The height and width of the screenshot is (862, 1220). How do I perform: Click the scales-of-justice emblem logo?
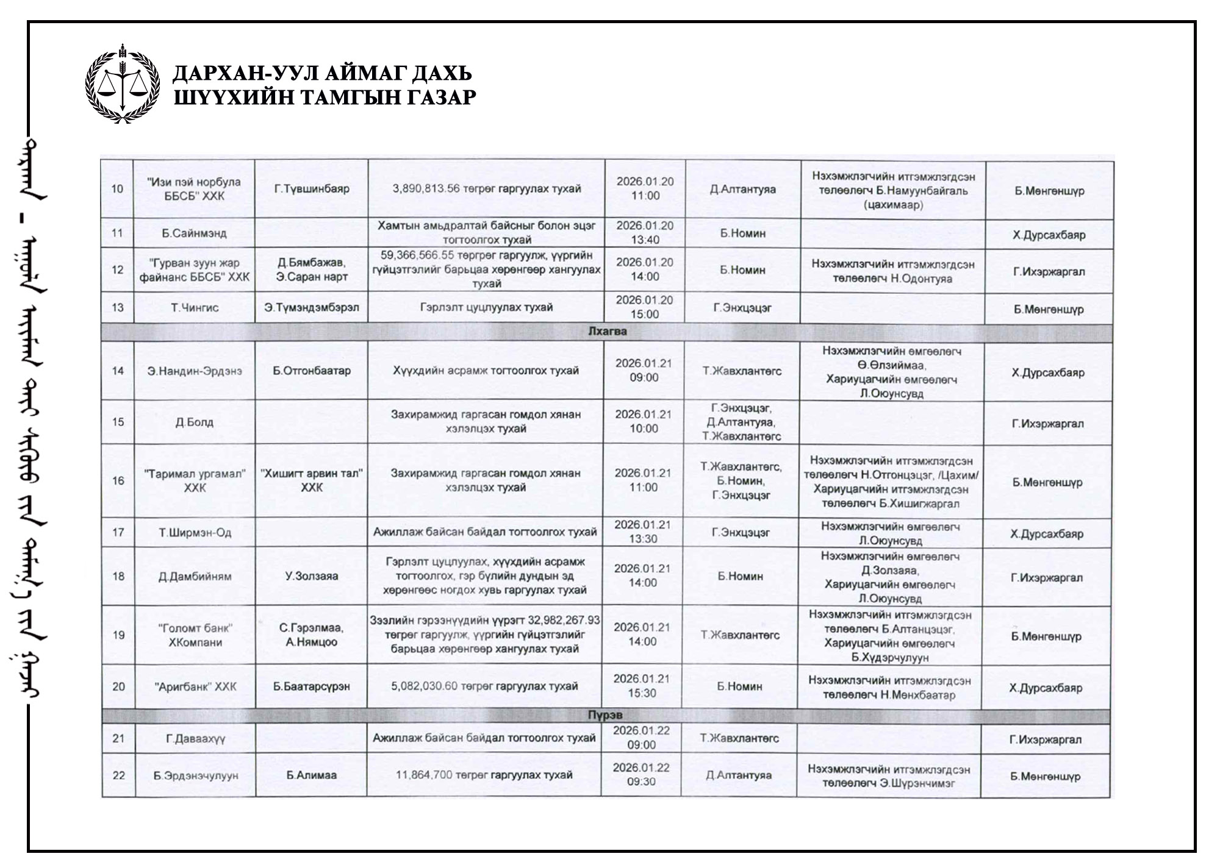pos(124,84)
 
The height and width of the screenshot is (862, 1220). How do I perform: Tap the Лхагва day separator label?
pos(608,332)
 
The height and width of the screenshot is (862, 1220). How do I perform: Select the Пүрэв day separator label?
pos(605,715)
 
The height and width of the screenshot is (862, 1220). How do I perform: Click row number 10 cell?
pos(117,188)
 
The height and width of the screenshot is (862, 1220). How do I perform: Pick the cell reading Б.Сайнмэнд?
pos(194,233)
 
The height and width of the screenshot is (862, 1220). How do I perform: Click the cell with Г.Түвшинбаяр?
pos(312,188)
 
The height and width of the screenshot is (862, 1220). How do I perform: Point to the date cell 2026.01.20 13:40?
pos(645,232)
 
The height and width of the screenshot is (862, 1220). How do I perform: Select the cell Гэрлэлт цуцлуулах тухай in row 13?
pos(486,307)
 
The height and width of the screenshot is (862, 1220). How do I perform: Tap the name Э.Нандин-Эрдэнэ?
pos(195,371)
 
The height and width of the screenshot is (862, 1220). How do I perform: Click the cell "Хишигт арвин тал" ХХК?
pos(312,480)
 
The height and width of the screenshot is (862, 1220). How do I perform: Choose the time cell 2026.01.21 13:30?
pos(644,532)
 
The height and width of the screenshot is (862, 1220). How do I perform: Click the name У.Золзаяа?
pos(311,576)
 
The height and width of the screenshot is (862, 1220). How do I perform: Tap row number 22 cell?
pos(119,775)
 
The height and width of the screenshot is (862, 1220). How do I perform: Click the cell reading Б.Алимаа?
pos(311,775)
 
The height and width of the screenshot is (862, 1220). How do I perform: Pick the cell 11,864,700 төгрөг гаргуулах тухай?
pos(484,775)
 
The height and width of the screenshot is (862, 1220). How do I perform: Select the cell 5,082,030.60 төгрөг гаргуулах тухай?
pos(484,686)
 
